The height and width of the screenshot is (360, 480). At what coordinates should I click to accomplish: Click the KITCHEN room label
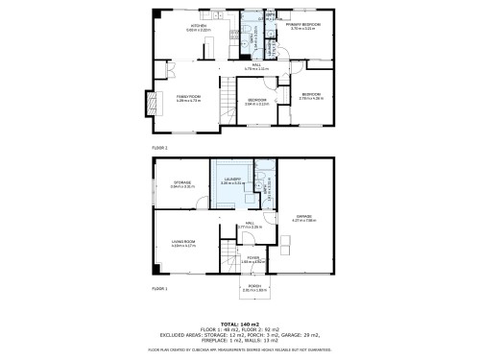pyautogui.click(x=199, y=26)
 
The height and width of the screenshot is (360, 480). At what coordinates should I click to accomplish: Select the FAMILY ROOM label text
pyautogui.click(x=187, y=97)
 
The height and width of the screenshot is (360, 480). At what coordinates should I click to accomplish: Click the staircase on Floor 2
pyautogui.click(x=228, y=100)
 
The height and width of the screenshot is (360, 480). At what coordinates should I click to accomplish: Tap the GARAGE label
pyautogui.click(x=303, y=219)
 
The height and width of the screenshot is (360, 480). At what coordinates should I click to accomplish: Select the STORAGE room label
pyautogui.click(x=182, y=182)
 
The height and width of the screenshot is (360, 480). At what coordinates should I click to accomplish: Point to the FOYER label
pyautogui.click(x=252, y=258)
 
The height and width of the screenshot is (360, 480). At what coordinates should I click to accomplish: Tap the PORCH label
pyautogui.click(x=255, y=287)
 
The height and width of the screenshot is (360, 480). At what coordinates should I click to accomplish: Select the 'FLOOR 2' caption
pyautogui.click(x=159, y=147)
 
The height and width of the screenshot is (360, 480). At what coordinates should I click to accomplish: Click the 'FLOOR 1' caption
pyautogui.click(x=159, y=287)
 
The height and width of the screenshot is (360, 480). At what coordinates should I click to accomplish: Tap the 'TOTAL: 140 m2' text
pyautogui.click(x=240, y=324)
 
